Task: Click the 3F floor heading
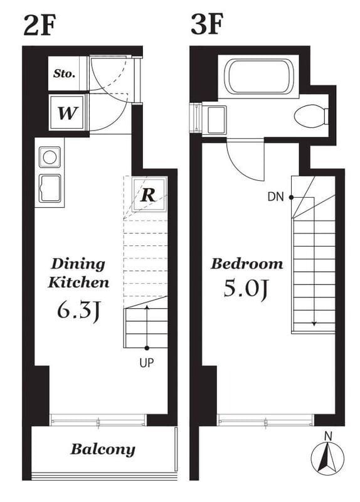pos(207,24)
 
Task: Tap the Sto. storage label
pos(65,73)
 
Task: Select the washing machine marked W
pos(68,113)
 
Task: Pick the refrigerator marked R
pos(149,195)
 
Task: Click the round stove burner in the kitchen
pos(50,157)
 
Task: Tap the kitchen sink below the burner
pos(50,188)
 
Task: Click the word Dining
pos(78,264)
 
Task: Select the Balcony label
pos(103,449)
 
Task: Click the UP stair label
pos(147,363)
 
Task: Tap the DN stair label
pos(275,197)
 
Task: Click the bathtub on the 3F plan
pos(259,76)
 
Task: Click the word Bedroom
pos(246,264)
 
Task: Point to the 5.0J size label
pos(245,289)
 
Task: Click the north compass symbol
pos(327,459)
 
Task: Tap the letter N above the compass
pos(328,436)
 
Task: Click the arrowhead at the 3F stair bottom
pos(314,324)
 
